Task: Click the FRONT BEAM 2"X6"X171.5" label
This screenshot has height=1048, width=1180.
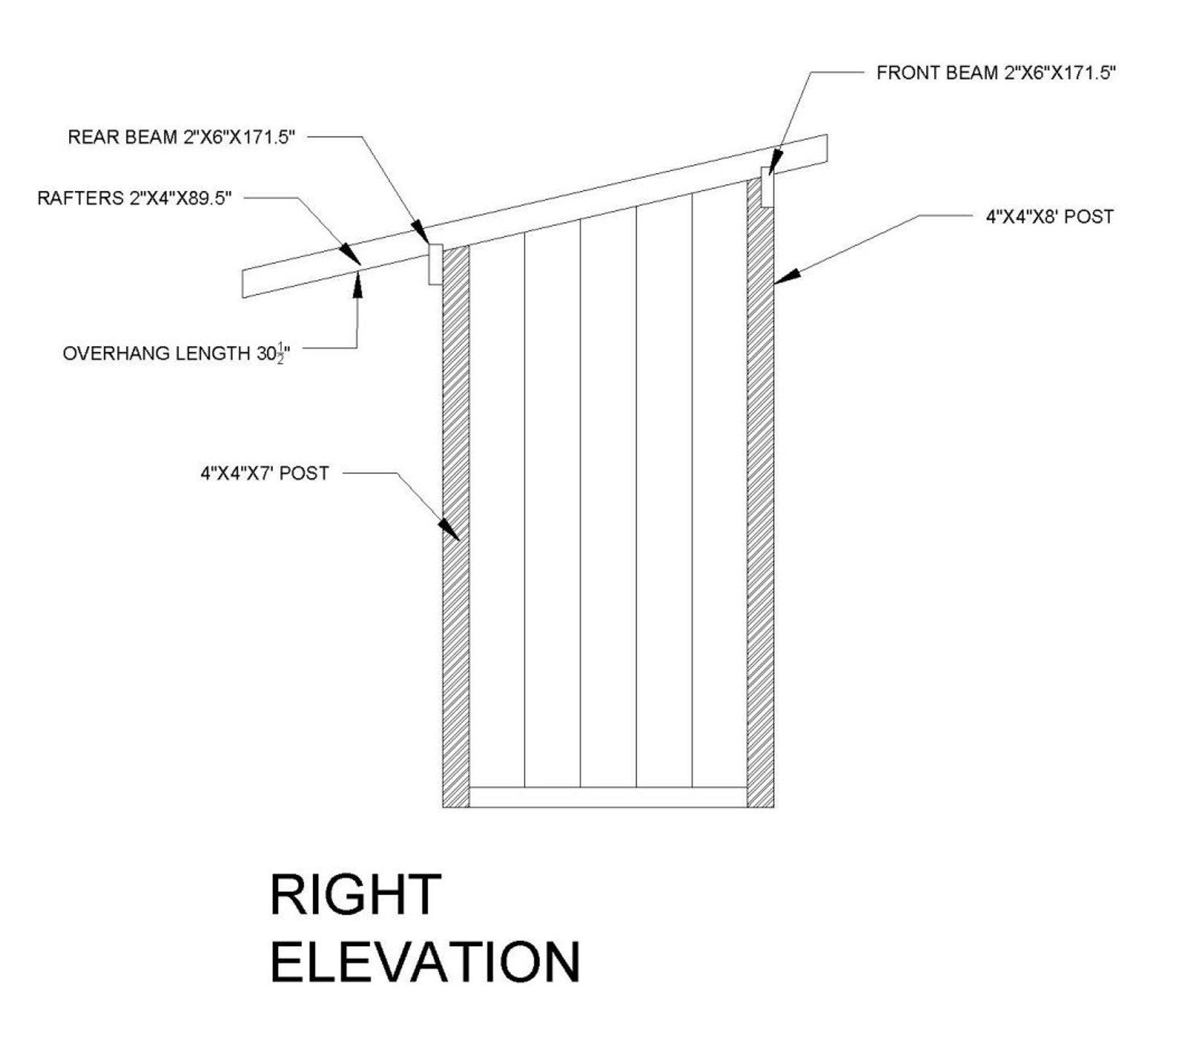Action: (x=996, y=73)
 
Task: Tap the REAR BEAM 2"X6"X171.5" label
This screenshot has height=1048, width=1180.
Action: (x=181, y=137)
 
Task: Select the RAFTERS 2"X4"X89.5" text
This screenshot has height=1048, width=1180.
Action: (x=134, y=198)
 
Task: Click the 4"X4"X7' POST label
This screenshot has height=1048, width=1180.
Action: (x=265, y=473)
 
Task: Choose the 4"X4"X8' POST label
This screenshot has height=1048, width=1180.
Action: (x=1049, y=217)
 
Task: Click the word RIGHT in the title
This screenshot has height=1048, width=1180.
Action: (x=355, y=894)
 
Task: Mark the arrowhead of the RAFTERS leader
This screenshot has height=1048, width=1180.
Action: (x=351, y=253)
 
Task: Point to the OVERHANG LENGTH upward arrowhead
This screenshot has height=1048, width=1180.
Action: (x=357, y=282)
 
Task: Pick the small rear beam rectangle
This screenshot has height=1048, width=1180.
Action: (x=435, y=264)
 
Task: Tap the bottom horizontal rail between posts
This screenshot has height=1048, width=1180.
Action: (x=608, y=797)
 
